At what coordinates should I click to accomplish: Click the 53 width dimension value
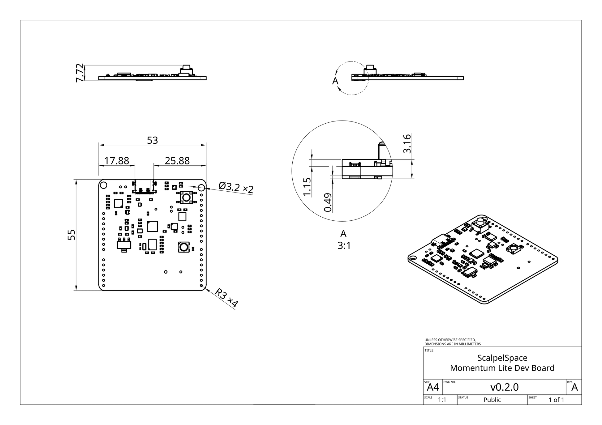[x=152, y=141]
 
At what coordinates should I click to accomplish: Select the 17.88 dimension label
[x=117, y=161]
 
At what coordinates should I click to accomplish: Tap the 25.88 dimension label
[x=177, y=161]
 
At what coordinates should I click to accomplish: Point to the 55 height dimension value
[x=71, y=235]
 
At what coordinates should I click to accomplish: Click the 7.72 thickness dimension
[x=80, y=73]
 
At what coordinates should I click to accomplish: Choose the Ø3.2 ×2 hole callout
[x=236, y=187]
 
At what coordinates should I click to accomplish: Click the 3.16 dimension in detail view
[x=407, y=143]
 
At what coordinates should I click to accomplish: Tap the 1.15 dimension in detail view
[x=307, y=187]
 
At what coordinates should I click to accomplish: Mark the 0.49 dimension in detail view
[x=328, y=203]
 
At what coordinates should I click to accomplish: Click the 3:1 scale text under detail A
[x=344, y=246]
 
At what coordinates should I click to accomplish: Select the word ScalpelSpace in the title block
[x=502, y=358]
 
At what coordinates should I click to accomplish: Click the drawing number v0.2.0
[x=504, y=387]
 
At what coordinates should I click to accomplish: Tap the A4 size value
[x=433, y=387]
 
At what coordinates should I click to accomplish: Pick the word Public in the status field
[x=492, y=400]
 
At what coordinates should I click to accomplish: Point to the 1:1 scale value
[x=442, y=400]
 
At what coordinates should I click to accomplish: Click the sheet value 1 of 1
[x=556, y=400]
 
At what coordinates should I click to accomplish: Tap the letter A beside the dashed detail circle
[x=335, y=81]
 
